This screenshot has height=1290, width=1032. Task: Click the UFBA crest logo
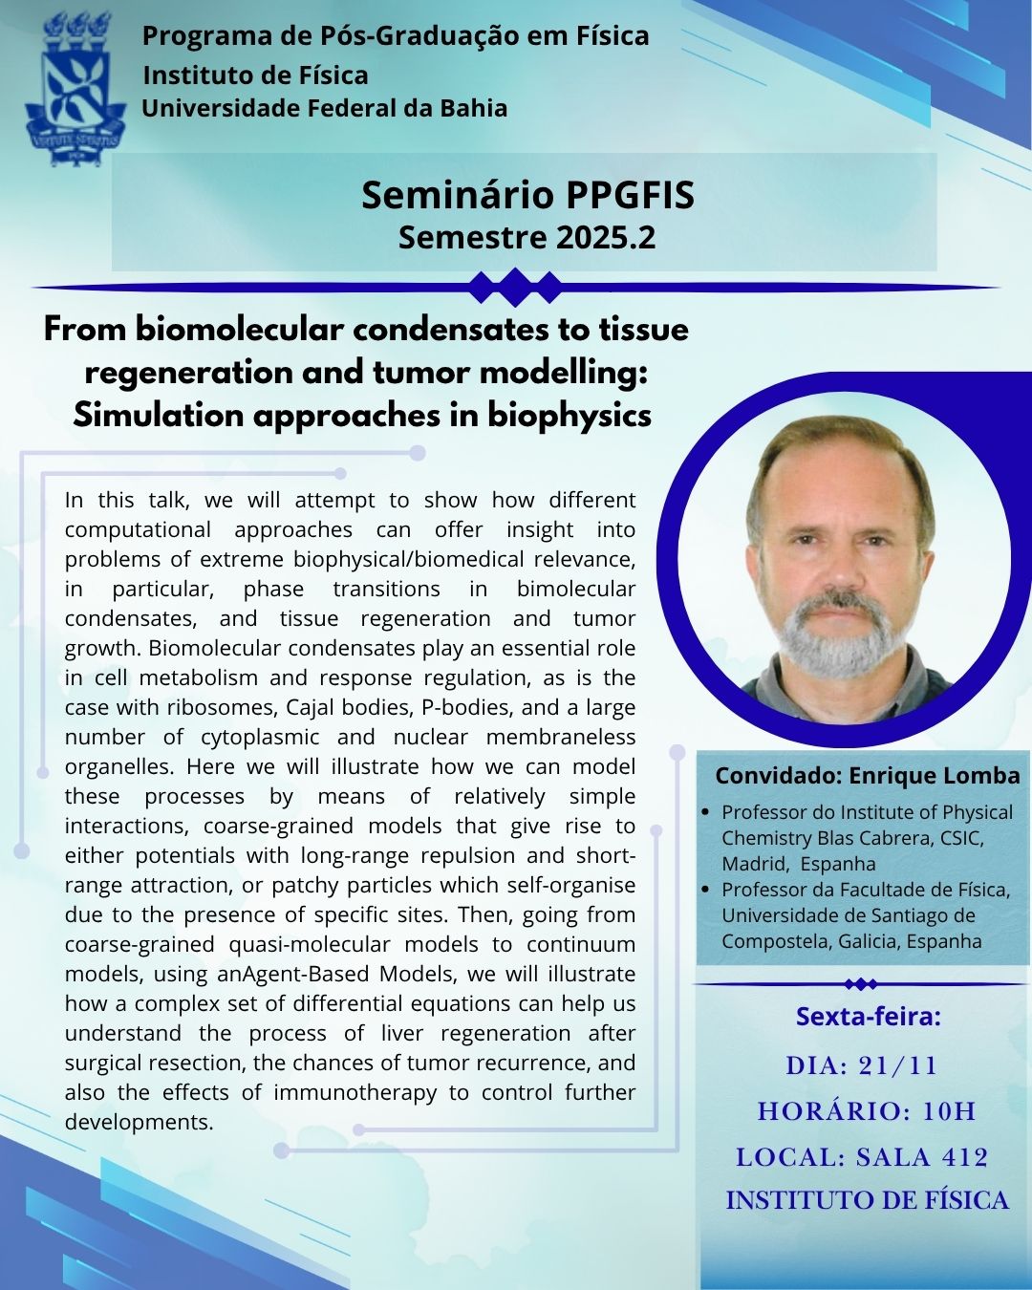click(75, 89)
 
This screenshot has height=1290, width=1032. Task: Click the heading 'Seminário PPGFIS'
click(527, 195)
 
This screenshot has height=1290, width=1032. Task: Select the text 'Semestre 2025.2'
click(527, 237)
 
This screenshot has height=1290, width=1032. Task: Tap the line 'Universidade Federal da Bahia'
click(324, 108)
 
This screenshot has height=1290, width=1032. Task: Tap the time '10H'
click(949, 1111)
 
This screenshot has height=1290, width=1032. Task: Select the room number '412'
click(965, 1157)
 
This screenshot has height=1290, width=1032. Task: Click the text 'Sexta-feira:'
click(868, 1016)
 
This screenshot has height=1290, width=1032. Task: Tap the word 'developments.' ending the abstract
click(140, 1122)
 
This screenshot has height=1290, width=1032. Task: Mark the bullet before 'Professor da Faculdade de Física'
click(705, 890)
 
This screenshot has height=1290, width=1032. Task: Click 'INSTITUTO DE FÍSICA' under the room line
click(867, 1201)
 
